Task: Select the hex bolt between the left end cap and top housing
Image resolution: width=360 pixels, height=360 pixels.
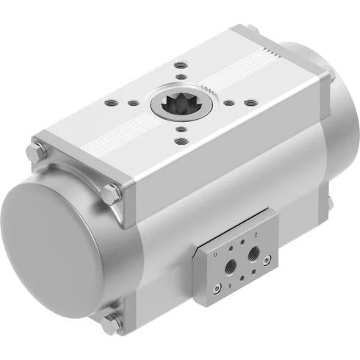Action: point(112,193)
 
